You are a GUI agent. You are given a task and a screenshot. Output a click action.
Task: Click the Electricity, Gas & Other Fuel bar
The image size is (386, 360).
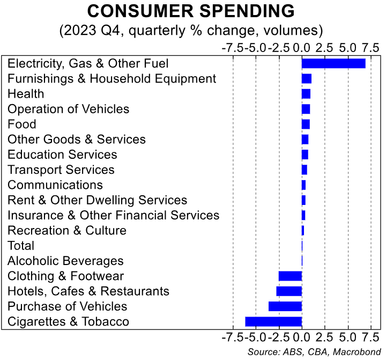(333, 63)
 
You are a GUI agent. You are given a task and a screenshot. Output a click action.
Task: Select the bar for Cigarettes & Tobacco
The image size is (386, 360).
(273, 322)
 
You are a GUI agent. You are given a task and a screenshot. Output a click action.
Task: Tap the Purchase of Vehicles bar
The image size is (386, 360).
(285, 306)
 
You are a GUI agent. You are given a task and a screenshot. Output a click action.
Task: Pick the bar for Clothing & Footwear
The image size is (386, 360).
(290, 276)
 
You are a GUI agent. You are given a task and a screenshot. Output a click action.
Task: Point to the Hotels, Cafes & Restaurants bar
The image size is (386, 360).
(289, 291)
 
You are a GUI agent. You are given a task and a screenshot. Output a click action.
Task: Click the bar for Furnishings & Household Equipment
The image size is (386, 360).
(307, 79)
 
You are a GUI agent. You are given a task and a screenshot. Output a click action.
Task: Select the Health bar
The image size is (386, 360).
(306, 94)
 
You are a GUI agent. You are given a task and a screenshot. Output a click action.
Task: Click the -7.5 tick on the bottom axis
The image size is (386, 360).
(231, 338)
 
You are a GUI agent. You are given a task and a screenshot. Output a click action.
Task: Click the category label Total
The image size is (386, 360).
(21, 246)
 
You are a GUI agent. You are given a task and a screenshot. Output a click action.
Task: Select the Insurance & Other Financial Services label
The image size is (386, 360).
(113, 215)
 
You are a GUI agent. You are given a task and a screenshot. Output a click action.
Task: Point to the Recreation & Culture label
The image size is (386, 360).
(67, 231)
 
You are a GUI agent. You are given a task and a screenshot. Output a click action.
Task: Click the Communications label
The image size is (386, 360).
(55, 185)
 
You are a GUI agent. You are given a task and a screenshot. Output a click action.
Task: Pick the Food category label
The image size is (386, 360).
(22, 124)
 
